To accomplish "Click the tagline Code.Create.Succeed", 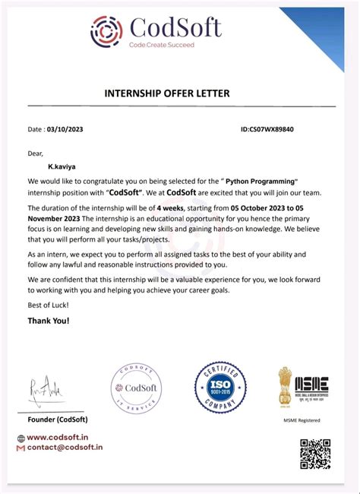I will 161,46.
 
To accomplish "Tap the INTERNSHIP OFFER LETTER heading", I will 166,93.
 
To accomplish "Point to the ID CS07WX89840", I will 267,129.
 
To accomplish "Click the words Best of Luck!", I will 48,305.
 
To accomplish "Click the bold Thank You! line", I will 49,321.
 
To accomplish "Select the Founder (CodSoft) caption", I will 58,420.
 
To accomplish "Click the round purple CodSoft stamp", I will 137,388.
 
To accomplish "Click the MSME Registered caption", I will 302,420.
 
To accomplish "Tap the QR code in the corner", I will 315,453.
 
